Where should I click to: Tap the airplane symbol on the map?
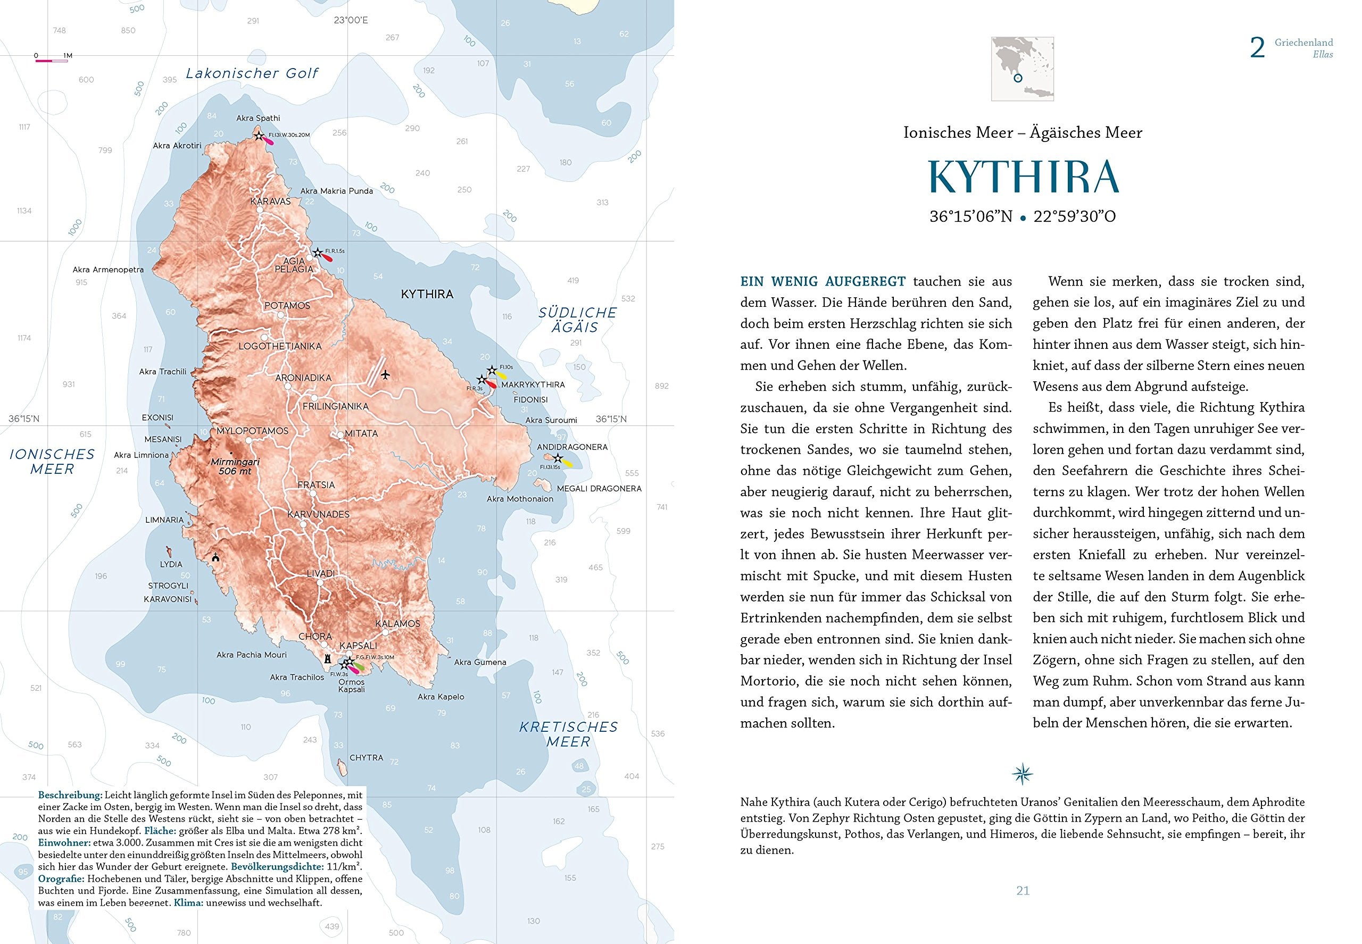386,374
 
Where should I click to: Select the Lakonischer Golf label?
252,73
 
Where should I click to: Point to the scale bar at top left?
52,60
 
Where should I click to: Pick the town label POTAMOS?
287,306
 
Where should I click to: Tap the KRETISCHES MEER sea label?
568,734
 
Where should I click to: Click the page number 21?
1023,891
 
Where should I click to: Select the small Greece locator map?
1022,69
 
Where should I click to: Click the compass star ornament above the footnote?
1022,773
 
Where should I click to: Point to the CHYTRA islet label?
366,758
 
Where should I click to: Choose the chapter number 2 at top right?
1257,48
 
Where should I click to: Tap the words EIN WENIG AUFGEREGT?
823,281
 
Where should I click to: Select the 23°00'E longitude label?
350,20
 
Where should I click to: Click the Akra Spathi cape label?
258,118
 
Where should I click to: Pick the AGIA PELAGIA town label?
294,264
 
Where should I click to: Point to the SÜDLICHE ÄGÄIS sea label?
577,320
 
